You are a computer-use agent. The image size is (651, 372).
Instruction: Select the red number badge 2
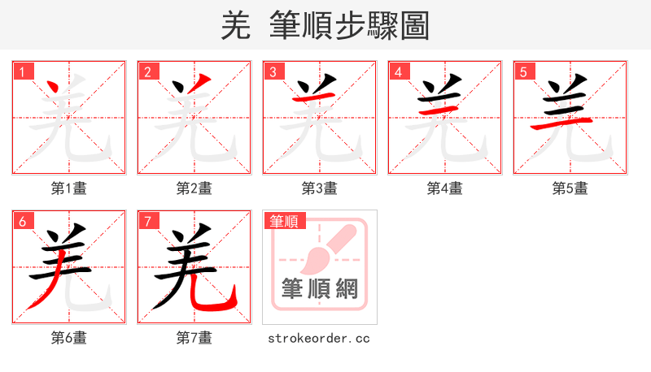(x=147, y=71)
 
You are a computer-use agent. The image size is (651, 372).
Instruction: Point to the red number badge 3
(x=273, y=71)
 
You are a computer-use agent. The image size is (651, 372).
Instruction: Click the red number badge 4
(x=398, y=71)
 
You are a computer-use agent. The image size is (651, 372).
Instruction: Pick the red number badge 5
(x=523, y=71)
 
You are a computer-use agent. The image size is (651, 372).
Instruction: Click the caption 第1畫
(x=69, y=188)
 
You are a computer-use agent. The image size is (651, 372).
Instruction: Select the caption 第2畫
(x=194, y=188)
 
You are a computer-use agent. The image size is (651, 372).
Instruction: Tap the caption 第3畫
(x=320, y=188)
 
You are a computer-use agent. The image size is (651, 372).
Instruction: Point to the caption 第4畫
(x=445, y=188)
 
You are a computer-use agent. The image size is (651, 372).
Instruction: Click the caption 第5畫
(x=570, y=188)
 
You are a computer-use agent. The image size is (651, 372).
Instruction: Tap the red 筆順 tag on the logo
(x=284, y=221)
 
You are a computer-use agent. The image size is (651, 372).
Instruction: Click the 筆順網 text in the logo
(x=319, y=288)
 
